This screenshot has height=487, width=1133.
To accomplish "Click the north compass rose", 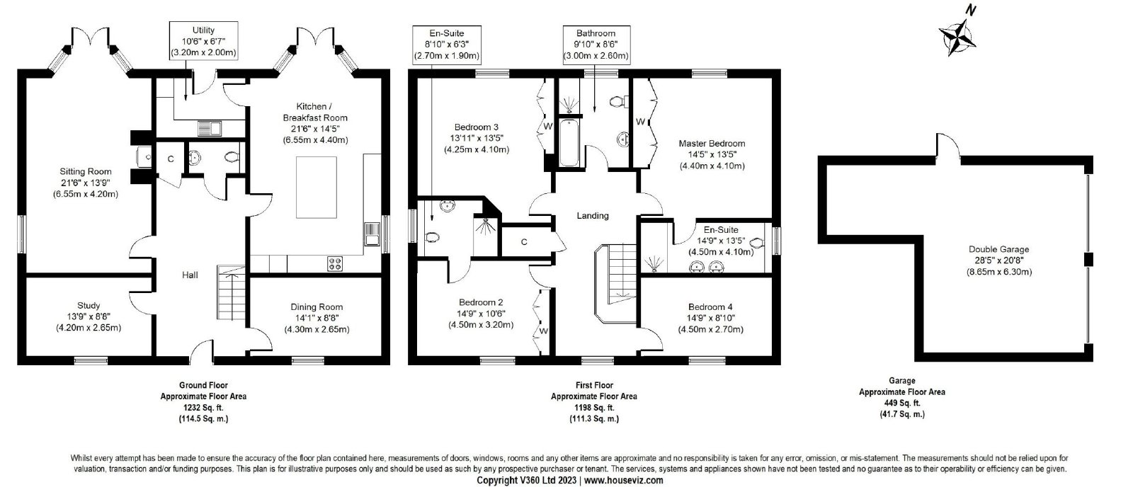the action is click(x=957, y=37).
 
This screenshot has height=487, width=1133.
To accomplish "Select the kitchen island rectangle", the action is click(x=316, y=187).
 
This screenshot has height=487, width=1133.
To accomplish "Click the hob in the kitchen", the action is click(x=334, y=263).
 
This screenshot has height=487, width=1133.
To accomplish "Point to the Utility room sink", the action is click(x=210, y=128).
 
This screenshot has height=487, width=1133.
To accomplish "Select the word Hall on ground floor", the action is click(x=190, y=275).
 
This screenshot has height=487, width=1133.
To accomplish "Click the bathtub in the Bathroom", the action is click(x=569, y=142).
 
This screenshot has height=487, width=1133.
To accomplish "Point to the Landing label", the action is click(x=593, y=216).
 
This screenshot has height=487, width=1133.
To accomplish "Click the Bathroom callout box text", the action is click(x=596, y=45).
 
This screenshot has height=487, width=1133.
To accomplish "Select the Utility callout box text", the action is click(x=203, y=42).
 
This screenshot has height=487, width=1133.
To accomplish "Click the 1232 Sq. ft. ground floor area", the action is click(x=203, y=408).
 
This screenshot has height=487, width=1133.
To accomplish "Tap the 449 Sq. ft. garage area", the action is click(x=902, y=403).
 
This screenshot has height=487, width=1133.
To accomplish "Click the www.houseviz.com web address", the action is click(x=624, y=481).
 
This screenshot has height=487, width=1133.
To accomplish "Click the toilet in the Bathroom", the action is click(x=619, y=102).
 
